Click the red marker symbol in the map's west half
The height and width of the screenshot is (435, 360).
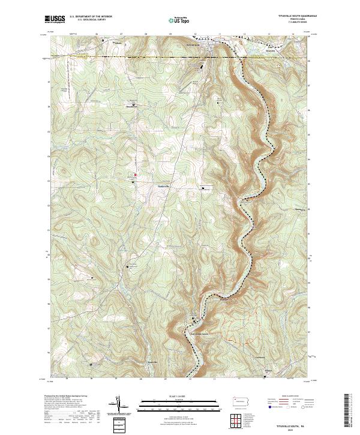[135, 175]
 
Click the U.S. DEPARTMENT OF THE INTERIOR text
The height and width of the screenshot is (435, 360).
[90, 17]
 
